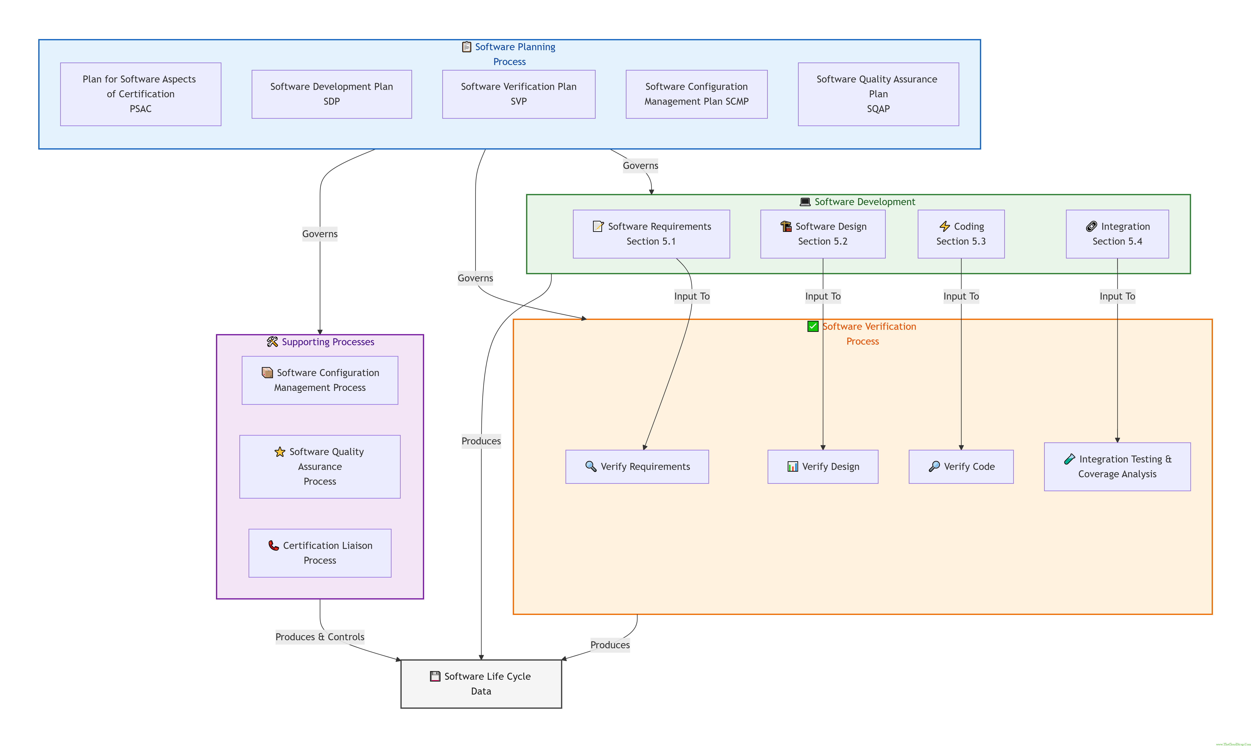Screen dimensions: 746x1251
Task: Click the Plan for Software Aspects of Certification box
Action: pyautogui.click(x=140, y=94)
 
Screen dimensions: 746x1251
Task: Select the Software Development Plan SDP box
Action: pyautogui.click(x=331, y=94)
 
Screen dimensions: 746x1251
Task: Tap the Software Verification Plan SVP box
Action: pyautogui.click(x=519, y=94)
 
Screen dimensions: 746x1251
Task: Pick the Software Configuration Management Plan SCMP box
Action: pyautogui.click(x=696, y=94)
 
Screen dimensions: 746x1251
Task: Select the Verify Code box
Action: pyautogui.click(x=961, y=466)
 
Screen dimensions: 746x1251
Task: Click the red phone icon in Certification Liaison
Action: pyautogui.click(x=274, y=545)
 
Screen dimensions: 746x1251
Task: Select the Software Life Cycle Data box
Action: pyautogui.click(x=481, y=684)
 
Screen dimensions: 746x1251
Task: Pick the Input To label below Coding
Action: pyautogui.click(x=961, y=296)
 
